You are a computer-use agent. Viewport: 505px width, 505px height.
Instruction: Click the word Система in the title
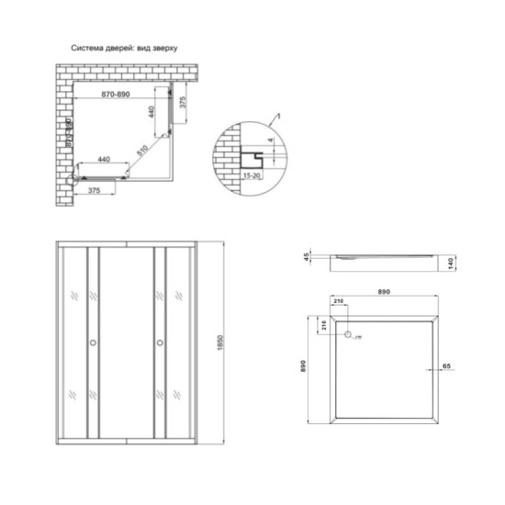[88, 47]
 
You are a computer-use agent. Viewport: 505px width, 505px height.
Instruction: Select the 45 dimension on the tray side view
[309, 256]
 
